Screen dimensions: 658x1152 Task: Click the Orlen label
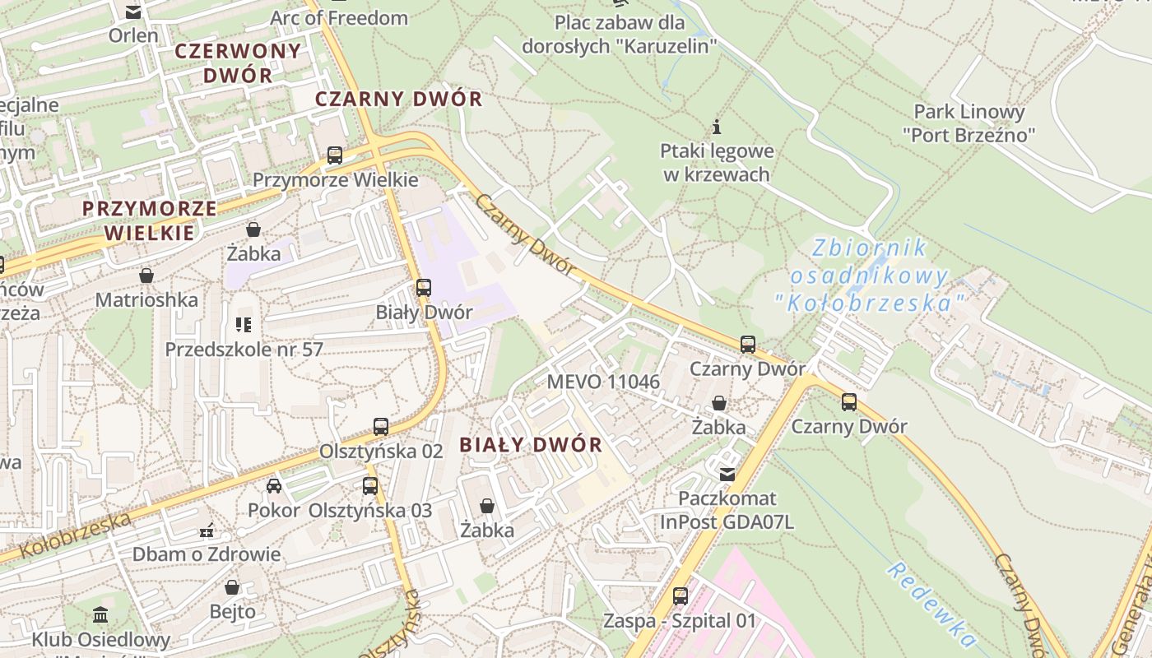(133, 35)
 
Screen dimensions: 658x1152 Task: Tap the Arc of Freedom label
(339, 17)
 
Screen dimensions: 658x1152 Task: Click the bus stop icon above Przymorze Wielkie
(335, 155)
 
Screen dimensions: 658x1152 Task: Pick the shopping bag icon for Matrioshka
(146, 275)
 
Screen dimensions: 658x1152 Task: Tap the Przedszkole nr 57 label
(244, 350)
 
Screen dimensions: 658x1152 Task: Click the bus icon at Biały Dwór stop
(424, 288)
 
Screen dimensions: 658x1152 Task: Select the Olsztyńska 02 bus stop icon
(380, 426)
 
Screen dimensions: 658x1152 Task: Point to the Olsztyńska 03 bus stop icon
(370, 485)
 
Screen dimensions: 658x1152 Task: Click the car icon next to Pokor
(274, 486)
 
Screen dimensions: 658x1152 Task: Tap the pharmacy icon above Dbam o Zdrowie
(207, 531)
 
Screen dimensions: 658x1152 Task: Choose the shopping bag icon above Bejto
(232, 587)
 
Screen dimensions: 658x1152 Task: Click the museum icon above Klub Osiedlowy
(100, 614)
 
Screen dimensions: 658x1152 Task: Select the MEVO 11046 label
(603, 382)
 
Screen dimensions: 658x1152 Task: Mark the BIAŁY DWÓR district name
(531, 445)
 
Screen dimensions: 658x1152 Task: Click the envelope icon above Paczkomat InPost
(727, 474)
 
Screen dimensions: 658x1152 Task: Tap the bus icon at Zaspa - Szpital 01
(680, 595)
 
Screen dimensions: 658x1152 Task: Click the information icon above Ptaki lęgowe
(717, 127)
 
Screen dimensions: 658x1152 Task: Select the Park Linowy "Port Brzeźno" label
(969, 123)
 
